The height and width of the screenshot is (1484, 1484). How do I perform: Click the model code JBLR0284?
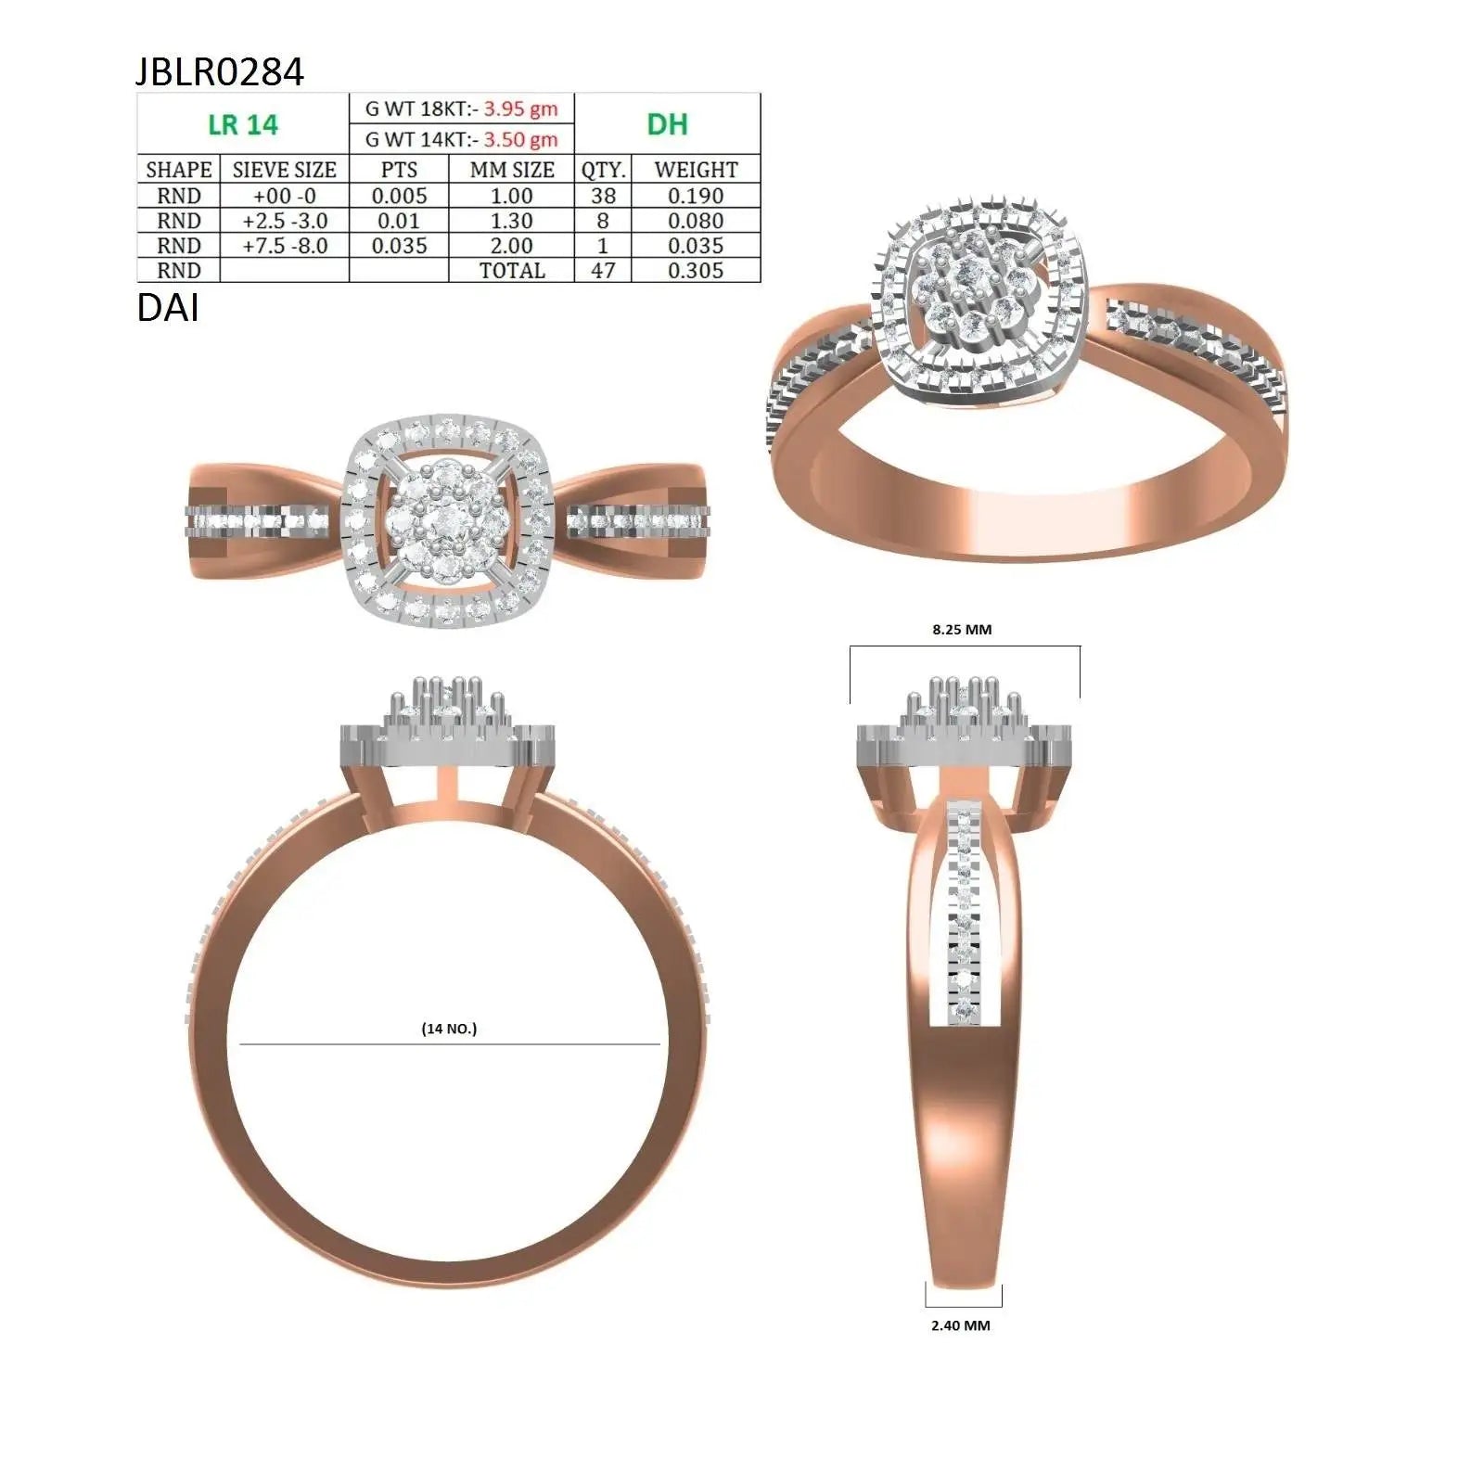pyautogui.click(x=220, y=71)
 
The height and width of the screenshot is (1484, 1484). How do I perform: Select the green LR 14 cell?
pyautogui.click(x=243, y=124)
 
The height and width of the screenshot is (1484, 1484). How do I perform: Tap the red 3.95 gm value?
pyautogui.click(x=520, y=109)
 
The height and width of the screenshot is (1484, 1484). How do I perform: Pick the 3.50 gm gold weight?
pyautogui.click(x=520, y=140)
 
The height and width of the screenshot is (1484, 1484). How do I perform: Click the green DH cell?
pyautogui.click(x=667, y=124)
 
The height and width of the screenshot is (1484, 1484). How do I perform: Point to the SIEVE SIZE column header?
pyautogui.click(x=285, y=170)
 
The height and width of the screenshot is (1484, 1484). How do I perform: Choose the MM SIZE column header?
pyautogui.click(x=512, y=170)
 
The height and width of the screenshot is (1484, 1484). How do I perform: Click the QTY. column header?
pyautogui.click(x=603, y=170)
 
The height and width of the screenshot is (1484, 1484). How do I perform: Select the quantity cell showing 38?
pyautogui.click(x=603, y=196)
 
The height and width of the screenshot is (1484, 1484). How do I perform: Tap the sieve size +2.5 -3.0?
pyautogui.click(x=285, y=221)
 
